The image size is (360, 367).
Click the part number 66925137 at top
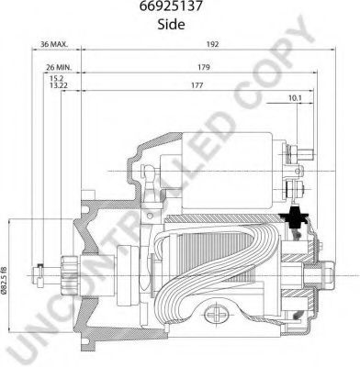(171, 6)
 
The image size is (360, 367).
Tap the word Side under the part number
(171, 25)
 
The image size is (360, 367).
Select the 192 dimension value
(212, 44)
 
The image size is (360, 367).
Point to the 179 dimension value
(204, 67)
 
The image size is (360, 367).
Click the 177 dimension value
(197, 85)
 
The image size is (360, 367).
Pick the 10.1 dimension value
(295, 98)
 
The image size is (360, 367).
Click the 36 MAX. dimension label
(54, 44)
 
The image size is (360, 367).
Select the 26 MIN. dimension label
(59, 67)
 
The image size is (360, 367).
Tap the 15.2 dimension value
(57, 79)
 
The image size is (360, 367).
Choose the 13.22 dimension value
(59, 85)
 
